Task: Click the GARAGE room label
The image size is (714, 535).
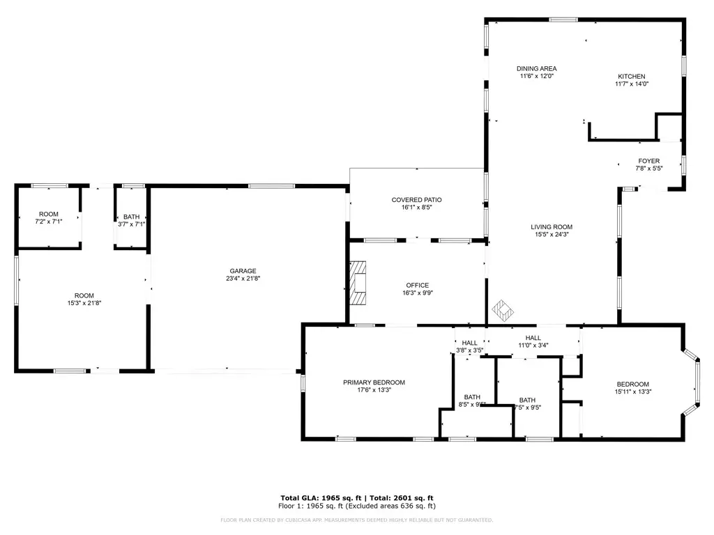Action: [243, 271]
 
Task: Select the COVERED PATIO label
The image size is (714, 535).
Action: [416, 200]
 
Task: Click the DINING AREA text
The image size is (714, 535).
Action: [536, 68]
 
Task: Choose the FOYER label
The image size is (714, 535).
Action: [648, 161]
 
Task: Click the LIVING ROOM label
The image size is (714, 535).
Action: [552, 226]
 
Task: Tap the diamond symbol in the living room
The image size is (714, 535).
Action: [503, 308]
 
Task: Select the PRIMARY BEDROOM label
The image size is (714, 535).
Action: [374, 382]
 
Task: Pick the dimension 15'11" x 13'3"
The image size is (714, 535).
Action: [632, 392]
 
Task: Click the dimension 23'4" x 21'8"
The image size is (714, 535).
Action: [243, 279]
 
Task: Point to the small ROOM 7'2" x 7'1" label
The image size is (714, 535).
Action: [48, 214]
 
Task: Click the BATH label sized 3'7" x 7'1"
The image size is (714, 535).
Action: [132, 217]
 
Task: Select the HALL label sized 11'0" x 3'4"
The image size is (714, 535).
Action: [533, 337]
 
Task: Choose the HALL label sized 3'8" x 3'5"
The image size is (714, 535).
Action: [469, 343]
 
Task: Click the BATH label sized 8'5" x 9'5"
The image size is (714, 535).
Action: [471, 396]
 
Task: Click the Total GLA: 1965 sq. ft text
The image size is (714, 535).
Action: [319, 497]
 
